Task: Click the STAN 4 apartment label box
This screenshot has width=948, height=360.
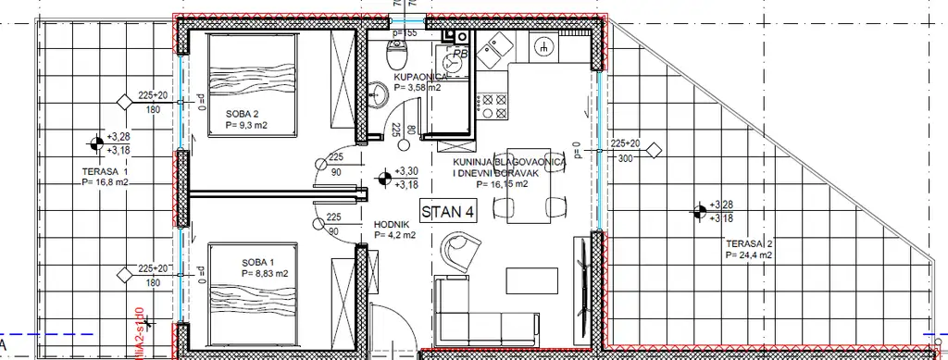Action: [x=449, y=212]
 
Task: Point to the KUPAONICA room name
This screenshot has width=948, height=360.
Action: [x=419, y=77]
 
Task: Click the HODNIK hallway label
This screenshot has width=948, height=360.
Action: [x=393, y=224]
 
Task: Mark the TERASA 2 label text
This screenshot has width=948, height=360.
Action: [x=750, y=242]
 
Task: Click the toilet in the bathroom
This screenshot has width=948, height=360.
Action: [x=453, y=63]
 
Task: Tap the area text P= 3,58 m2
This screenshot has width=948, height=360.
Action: [x=419, y=88]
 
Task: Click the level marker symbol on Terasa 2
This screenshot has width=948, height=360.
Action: [x=696, y=212]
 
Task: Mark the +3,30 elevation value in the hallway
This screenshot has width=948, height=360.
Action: [x=405, y=171]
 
